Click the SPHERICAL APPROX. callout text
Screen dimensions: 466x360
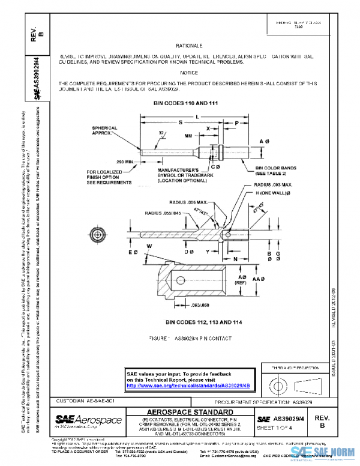coord(106,131)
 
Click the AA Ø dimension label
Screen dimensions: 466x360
coord(259,280)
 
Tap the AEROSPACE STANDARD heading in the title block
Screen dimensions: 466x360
coord(190,412)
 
